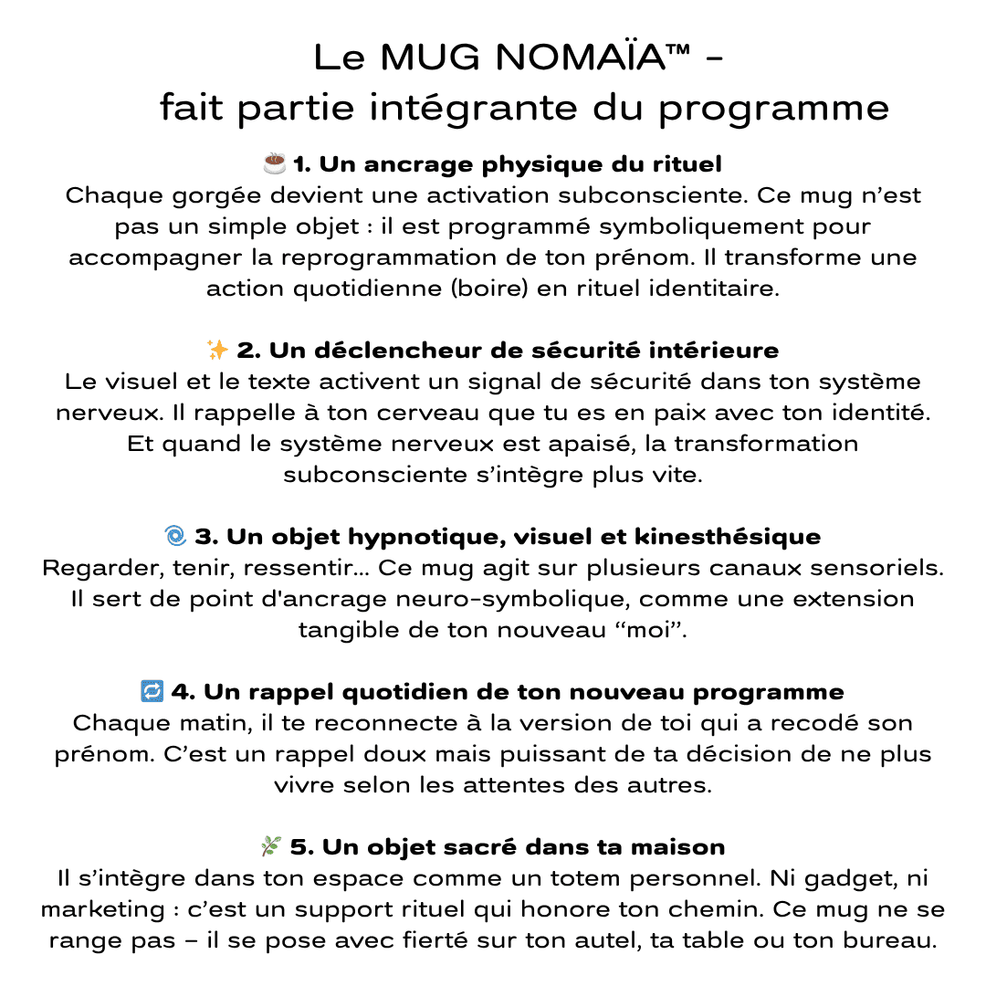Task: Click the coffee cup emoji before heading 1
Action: tap(274, 163)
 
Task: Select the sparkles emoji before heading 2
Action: tap(218, 350)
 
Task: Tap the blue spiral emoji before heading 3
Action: tap(175, 536)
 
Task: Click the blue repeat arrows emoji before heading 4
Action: tap(152, 692)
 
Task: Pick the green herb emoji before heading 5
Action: tap(271, 847)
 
